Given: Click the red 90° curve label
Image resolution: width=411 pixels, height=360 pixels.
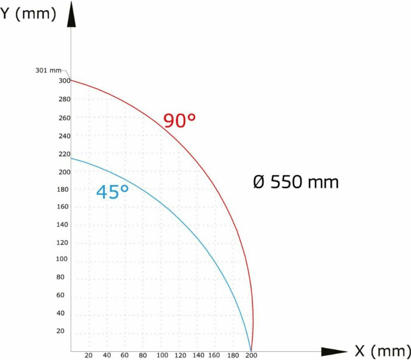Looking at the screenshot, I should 179,120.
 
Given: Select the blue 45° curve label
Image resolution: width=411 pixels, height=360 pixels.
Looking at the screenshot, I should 112,192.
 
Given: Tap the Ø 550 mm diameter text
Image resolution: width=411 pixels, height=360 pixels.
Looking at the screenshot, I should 296,182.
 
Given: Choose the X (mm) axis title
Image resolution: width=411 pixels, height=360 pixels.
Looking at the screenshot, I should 382,351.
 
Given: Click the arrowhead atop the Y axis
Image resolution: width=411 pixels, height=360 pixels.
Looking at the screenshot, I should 71,15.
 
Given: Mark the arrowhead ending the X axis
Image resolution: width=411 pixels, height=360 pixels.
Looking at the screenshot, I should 334,352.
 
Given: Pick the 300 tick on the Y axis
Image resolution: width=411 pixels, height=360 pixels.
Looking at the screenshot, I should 64,81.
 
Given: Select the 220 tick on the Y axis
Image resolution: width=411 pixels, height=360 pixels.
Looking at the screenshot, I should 64,154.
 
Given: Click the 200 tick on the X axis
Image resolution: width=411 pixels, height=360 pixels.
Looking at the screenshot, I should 251,355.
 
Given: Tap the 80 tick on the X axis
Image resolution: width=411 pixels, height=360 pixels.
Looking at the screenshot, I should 143,355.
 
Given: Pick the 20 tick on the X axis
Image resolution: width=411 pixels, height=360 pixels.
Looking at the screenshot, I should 88,355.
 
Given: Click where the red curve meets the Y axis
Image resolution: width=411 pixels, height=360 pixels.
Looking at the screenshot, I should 71,80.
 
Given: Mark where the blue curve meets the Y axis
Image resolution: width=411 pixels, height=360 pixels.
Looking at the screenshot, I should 71,158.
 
